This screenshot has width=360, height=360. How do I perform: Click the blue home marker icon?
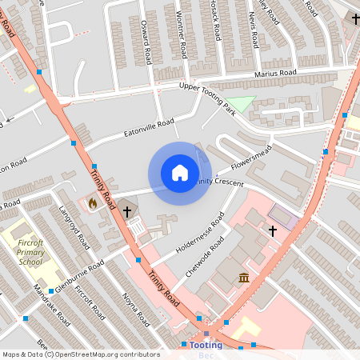180,173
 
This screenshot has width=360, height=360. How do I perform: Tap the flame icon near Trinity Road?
93,203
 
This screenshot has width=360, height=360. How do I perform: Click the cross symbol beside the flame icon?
127,211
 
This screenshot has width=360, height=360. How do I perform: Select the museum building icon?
244,278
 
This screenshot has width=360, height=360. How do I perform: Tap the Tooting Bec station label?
206,349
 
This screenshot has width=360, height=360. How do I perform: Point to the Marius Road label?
276,74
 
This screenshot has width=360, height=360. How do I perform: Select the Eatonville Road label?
149,127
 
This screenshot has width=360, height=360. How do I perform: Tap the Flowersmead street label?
252,157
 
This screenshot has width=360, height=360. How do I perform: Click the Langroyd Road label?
71,230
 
